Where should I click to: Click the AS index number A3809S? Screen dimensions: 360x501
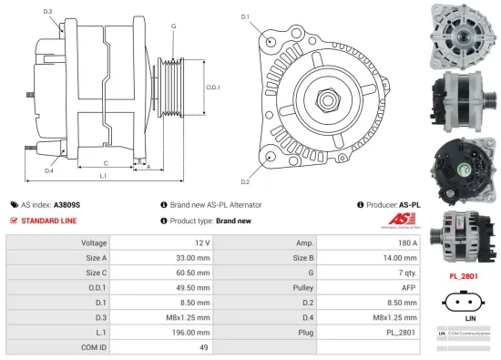coord(66,205)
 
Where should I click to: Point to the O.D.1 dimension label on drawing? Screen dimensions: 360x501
coord(212,87)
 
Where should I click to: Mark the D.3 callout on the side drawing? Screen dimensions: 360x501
coord(47,11)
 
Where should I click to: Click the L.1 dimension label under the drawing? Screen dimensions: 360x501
coord(102,175)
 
